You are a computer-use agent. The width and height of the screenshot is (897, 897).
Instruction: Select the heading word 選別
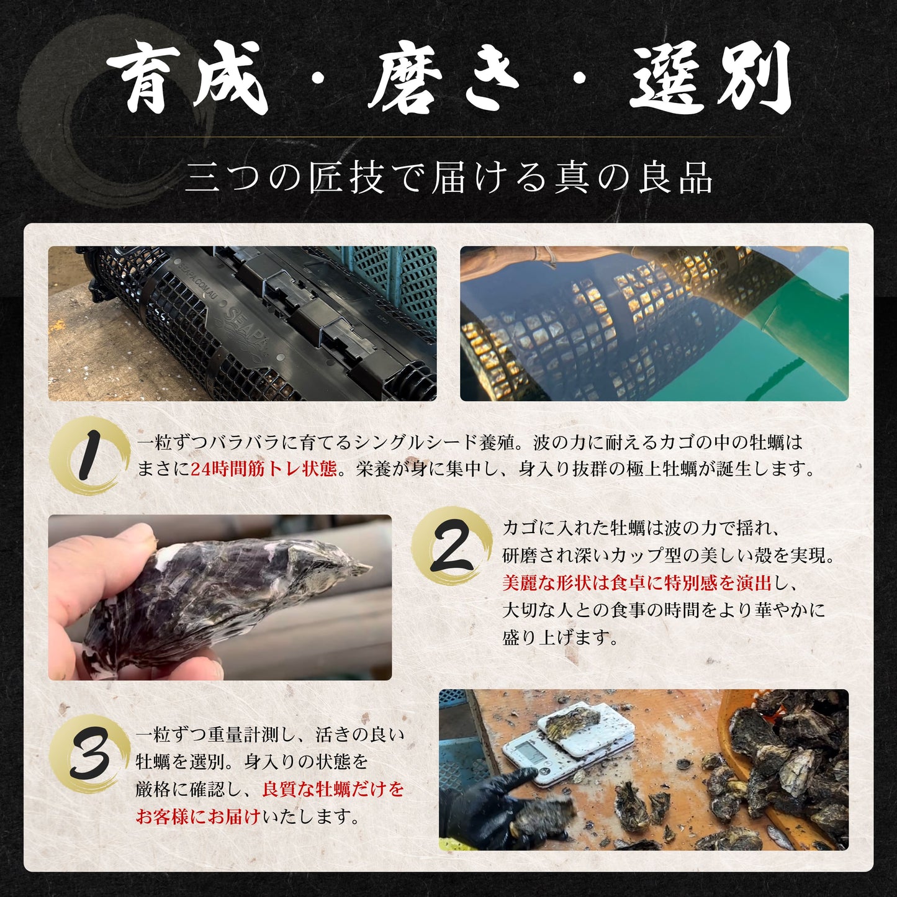(710, 81)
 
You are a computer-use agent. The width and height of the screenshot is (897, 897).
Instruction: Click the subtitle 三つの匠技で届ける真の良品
(448, 178)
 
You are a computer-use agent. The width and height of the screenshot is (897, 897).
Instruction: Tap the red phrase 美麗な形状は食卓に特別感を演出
(636, 583)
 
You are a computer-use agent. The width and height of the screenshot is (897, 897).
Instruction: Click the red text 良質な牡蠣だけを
(333, 789)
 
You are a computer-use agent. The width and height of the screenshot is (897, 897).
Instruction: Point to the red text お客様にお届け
(197, 816)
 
